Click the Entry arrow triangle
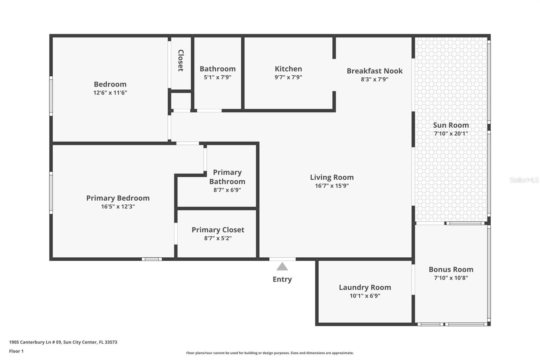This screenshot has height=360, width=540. point(282,267)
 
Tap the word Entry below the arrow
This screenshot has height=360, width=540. point(282,279)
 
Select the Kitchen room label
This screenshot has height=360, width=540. point(288,69)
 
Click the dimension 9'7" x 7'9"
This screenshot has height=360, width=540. point(288,77)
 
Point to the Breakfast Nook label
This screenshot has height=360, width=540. point(375,71)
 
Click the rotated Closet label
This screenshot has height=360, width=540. point(181,60)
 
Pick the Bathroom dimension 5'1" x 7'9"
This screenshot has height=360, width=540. point(217,77)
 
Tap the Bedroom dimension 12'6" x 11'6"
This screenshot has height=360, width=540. point(110,93)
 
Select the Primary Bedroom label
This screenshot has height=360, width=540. point(118,198)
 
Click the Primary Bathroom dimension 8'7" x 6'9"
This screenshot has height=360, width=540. point(227,190)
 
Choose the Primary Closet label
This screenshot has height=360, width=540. point(218,230)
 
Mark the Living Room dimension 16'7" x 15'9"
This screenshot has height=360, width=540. point(332,186)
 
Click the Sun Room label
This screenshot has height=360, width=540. point(451,125)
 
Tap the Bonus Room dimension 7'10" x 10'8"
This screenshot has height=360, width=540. point(451,278)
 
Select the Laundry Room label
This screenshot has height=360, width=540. point(365,287)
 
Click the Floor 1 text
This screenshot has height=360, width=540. point(16,351)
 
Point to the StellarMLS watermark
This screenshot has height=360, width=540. point(524,180)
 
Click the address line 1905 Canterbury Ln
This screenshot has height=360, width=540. point(63,342)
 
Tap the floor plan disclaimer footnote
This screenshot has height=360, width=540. point(270,353)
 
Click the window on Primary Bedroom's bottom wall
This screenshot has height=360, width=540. point(152,259)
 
